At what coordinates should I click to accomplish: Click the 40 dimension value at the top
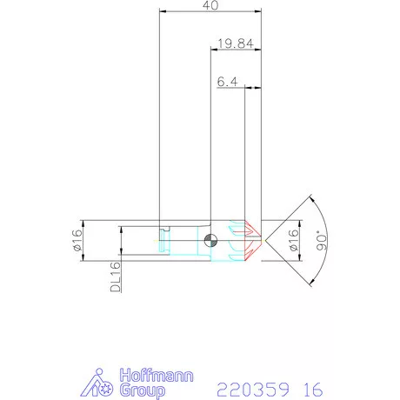210,5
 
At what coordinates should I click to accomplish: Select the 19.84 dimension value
229,43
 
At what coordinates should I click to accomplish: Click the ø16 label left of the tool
77,240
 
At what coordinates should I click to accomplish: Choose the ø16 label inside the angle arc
294,239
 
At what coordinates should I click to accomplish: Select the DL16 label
115,277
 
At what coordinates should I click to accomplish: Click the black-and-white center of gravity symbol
210,240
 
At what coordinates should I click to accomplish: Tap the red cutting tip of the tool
253,240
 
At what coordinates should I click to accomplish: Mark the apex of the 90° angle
263,240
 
